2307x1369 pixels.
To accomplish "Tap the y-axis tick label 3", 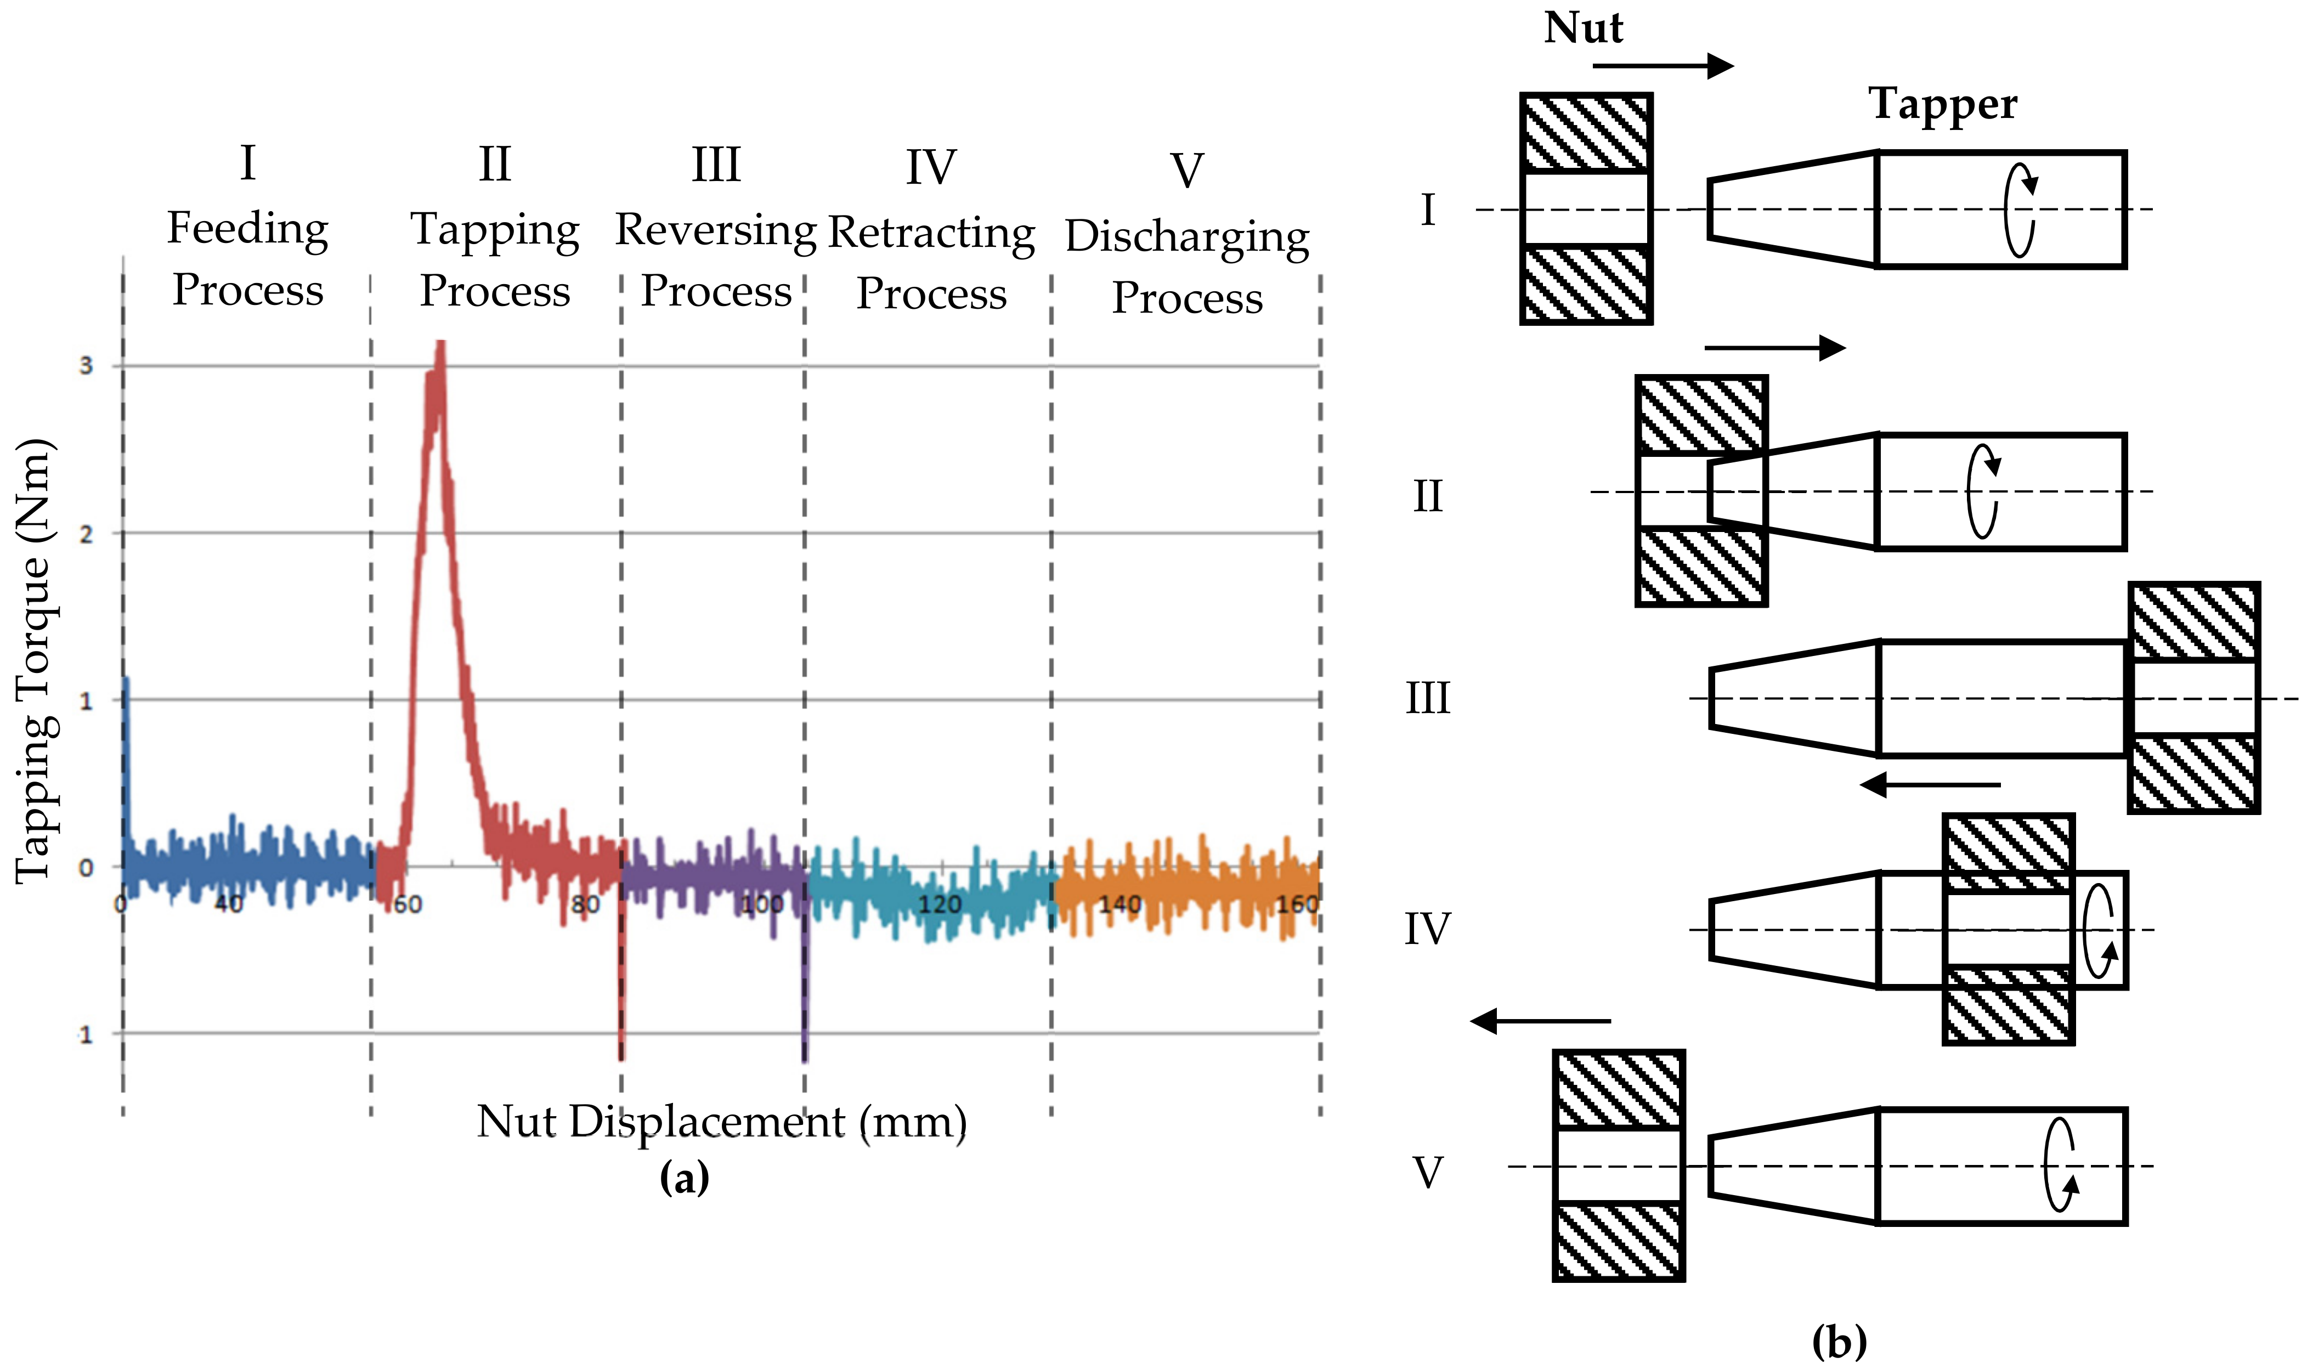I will click(x=86, y=365).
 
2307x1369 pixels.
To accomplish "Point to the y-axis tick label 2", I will click(x=86, y=534).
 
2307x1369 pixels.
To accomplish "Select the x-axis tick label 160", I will click(x=1297, y=904).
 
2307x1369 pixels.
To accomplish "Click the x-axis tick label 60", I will click(x=407, y=904).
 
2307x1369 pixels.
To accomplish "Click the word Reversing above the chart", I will click(x=716, y=230).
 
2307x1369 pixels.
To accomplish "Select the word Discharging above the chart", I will click(x=1187, y=237).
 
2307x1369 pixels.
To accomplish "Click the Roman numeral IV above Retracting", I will click(x=931, y=168).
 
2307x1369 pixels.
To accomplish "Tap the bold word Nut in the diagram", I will click(x=1583, y=27).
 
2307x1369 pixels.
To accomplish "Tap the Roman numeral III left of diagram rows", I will click(x=1427, y=698).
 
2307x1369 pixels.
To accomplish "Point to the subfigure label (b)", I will click(x=1839, y=1340).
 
